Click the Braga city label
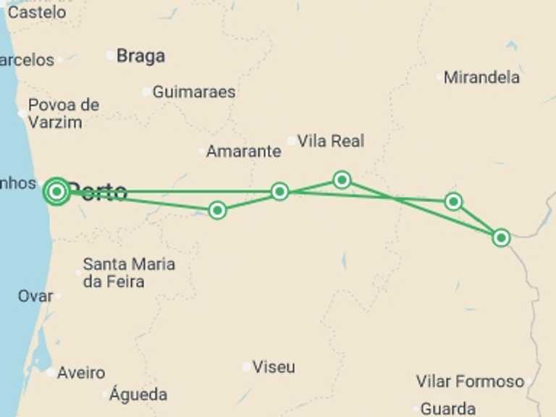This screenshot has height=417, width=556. [140, 56]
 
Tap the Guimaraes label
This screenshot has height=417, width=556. [193, 92]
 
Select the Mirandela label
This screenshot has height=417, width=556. [481, 77]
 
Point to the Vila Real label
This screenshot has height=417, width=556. [330, 141]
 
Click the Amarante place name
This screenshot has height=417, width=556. [243, 151]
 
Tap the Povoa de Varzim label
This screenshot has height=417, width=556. [63, 114]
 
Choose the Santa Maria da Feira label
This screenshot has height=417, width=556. [129, 273]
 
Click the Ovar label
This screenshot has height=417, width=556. [35, 296]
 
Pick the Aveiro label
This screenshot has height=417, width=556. [80, 373]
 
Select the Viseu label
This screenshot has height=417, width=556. [274, 367]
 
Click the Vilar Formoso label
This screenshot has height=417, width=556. [470, 382]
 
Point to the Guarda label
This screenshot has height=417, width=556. [448, 408]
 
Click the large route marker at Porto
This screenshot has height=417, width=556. [56, 191]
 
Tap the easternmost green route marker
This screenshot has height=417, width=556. [501, 237]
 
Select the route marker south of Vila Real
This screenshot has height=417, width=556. [342, 180]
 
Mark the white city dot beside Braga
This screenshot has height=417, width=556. [110, 55]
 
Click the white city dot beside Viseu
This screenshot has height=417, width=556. [247, 367]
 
